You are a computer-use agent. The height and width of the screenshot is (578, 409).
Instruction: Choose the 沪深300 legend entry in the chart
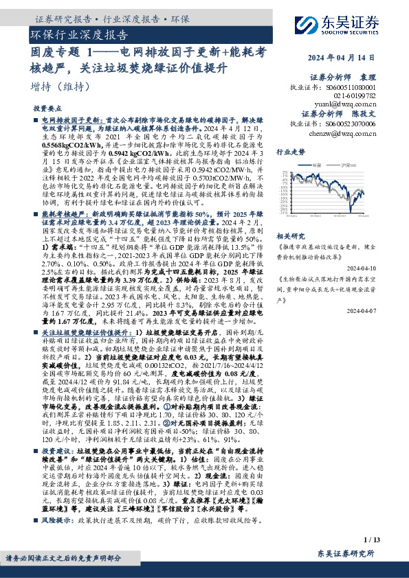[x=346, y=166]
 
